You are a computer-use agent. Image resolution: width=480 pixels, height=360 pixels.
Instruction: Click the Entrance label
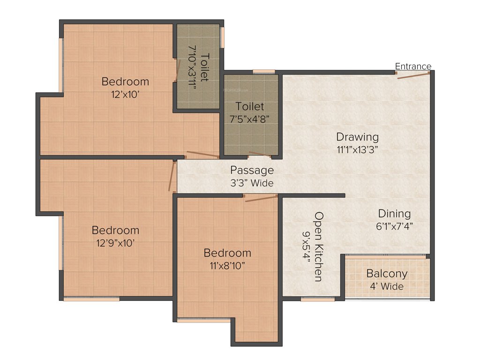413,66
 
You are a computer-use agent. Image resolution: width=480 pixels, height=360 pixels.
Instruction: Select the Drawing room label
357,137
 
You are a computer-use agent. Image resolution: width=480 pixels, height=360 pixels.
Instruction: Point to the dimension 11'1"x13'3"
357,150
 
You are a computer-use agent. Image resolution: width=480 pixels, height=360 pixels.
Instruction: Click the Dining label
394,214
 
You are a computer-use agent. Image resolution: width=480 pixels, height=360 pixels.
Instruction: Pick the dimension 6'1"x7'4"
394,226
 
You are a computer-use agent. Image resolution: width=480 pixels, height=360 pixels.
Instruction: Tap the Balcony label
387,274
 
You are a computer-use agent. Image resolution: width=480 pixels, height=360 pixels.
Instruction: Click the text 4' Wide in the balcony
387,286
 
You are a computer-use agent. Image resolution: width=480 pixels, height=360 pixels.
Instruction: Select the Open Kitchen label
319,246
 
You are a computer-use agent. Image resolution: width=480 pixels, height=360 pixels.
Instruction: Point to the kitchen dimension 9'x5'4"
307,246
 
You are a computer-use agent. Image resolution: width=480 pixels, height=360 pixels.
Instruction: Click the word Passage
252,170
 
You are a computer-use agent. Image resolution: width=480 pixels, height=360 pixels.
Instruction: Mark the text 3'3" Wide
252,183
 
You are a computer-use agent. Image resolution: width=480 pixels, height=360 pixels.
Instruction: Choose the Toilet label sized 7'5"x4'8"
250,106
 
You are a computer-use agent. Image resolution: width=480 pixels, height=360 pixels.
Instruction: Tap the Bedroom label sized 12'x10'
125,82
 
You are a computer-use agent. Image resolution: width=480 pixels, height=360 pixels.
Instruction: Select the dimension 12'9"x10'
115,243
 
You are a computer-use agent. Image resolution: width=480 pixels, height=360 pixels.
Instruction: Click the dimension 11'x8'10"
227,265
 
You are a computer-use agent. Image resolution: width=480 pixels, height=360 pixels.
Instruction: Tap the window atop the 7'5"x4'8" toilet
264,71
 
